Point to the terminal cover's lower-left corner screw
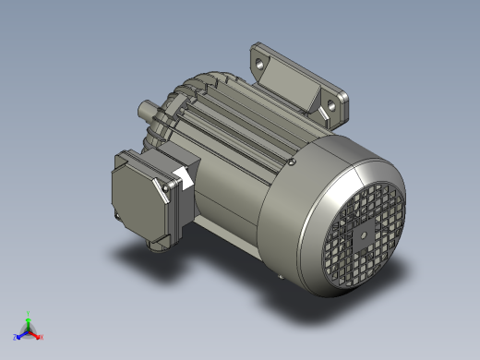click(117, 217)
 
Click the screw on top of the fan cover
click(292, 163)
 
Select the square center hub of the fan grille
click(363, 234)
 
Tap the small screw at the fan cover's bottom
click(282, 276)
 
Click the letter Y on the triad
click(29, 313)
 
